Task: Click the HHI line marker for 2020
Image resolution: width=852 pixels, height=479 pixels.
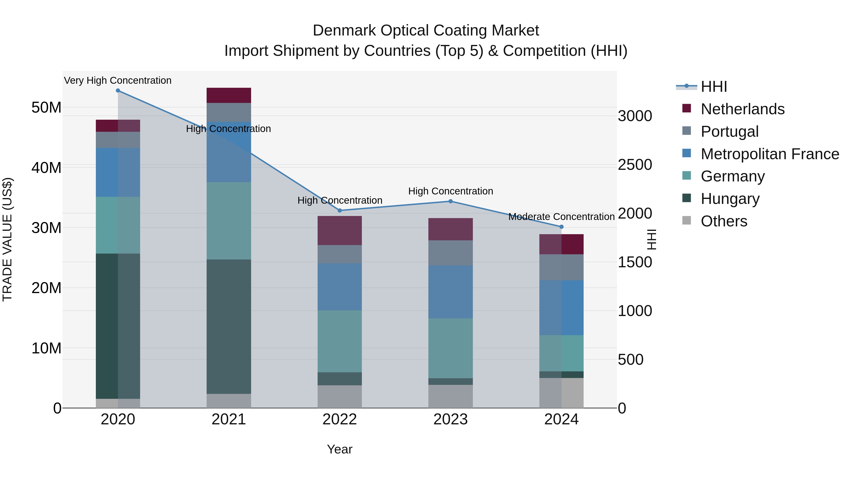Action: (118, 91)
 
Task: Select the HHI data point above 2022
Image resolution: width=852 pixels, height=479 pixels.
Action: (339, 211)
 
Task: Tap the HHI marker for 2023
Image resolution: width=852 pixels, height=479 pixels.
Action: (450, 201)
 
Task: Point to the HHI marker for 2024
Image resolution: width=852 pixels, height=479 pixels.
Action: (561, 227)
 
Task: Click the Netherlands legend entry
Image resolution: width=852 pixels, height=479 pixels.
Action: (742, 109)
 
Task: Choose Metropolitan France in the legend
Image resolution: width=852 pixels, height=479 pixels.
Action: (770, 154)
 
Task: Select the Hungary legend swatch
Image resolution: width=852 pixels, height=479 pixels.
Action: (687, 198)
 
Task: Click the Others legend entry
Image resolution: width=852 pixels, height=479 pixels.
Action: (724, 221)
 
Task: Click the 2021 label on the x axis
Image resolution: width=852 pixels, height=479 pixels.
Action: (229, 419)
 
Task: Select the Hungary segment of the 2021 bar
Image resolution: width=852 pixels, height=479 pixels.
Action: (229, 327)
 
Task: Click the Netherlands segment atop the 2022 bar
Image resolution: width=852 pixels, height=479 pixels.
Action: (339, 230)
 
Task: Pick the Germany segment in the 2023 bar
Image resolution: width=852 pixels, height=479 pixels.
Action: (450, 348)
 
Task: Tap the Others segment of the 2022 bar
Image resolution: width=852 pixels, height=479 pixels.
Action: (339, 396)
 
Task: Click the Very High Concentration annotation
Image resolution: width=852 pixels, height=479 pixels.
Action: (118, 80)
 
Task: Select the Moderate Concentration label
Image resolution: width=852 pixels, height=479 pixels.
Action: (561, 217)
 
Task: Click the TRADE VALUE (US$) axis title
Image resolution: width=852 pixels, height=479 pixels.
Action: (7, 239)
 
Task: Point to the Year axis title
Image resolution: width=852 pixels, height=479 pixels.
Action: (339, 449)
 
